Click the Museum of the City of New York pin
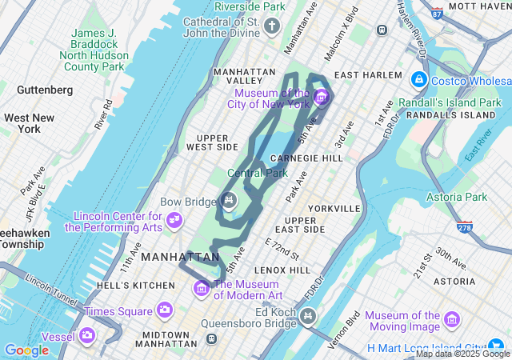coord(322,98)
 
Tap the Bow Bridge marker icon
coord(229,201)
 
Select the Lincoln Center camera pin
coord(174,220)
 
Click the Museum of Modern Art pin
coord(201,287)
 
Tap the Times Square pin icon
coord(164,310)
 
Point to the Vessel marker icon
coord(86,335)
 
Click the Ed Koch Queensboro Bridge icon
coord(308,318)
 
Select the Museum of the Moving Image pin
coord(452,320)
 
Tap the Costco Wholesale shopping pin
coord(418,80)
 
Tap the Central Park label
coord(257,173)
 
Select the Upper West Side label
coord(212,142)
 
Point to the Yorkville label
coord(334,208)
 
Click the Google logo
coord(26,350)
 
